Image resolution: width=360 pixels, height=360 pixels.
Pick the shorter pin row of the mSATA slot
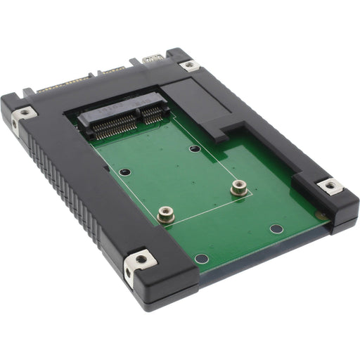153,112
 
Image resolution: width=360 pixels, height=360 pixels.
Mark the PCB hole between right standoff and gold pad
276,229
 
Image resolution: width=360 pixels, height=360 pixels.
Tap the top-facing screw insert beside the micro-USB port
188,65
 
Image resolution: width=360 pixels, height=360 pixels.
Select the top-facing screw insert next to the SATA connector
25,112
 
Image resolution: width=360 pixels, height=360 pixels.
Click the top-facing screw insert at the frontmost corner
141,259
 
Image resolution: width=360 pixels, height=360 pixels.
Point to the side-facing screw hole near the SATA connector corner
14,126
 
